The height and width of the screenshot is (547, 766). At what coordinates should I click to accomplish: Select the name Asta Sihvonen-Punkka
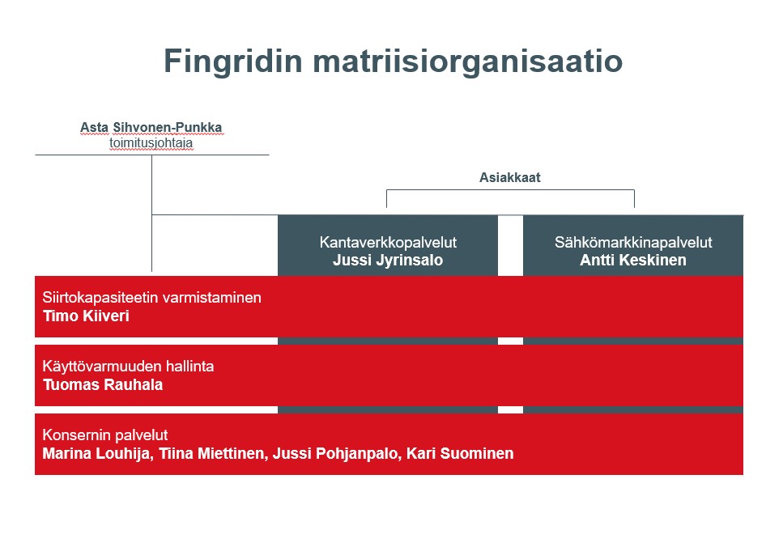pos(151,128)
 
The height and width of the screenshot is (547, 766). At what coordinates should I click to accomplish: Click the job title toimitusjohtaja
pos(151,143)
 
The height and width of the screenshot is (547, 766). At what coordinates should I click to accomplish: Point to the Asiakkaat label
pos(509,178)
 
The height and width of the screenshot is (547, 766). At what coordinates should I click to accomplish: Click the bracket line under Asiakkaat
pos(509,189)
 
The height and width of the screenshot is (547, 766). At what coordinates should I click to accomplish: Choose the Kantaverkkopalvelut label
pos(387,242)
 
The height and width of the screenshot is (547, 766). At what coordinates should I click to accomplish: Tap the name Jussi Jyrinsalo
pos(387,260)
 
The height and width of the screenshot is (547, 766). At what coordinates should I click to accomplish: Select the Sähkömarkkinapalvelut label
pos(633,242)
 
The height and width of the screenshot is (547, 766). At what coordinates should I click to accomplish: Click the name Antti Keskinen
pos(633,260)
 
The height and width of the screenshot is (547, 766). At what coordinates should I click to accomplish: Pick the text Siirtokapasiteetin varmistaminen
pos(151,298)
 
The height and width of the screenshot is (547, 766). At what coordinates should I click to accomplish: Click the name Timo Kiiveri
pos(86,316)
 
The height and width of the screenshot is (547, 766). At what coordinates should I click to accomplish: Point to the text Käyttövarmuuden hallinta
pos(128,367)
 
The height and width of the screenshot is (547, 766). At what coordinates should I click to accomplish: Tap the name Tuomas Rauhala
pos(103,384)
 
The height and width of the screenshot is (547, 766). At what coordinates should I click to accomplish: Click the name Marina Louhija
pos(96,453)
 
